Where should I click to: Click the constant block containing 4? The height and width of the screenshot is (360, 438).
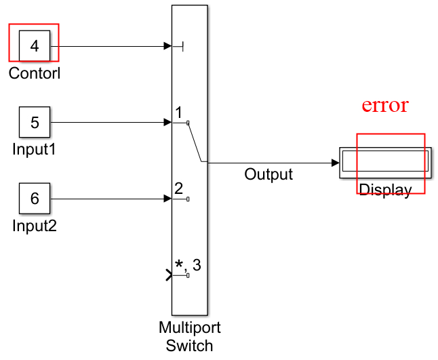[x=35, y=47]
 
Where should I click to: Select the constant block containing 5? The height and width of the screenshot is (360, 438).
[x=35, y=123]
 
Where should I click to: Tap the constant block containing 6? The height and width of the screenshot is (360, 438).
[x=35, y=199]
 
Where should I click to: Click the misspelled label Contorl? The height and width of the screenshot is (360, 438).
[x=35, y=73]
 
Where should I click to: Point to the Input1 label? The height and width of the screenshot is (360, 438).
[x=35, y=148]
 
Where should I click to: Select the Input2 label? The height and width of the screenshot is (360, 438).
[x=35, y=225]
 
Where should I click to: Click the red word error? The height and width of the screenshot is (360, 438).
[x=384, y=105]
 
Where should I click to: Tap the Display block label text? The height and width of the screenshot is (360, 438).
[x=384, y=191]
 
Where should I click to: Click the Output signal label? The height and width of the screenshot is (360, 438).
[x=268, y=174]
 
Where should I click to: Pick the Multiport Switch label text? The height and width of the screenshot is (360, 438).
[x=190, y=336]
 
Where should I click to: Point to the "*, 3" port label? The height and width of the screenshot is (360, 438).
[x=188, y=264]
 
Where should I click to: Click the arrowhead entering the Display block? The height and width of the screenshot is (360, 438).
[x=335, y=163]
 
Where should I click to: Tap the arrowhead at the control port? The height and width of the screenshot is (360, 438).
[x=167, y=46]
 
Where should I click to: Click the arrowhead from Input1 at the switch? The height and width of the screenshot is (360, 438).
[x=167, y=123]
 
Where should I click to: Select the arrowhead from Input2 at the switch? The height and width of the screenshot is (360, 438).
[x=167, y=199]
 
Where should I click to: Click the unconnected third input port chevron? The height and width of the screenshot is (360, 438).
[x=169, y=275]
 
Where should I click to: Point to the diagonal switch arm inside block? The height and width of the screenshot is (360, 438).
[x=195, y=142]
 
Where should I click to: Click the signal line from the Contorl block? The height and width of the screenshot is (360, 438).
[x=108, y=47]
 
